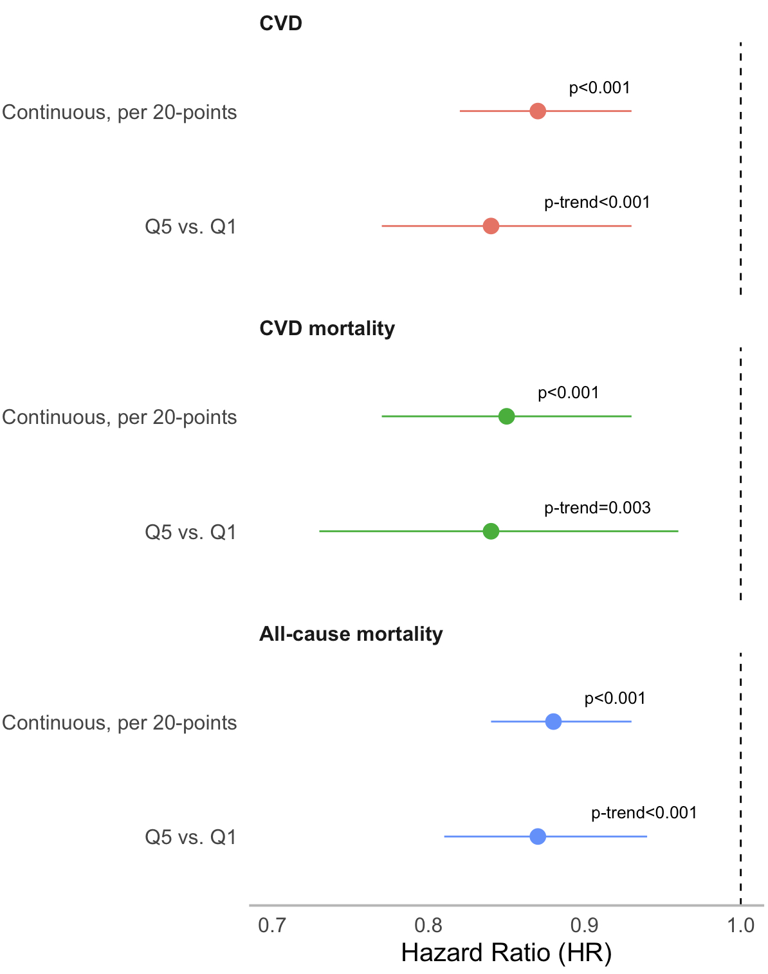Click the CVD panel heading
280,24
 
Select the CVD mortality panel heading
327,329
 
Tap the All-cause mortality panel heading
351,634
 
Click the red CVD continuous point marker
538,111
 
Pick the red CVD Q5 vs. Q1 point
491,226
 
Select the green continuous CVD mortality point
506,416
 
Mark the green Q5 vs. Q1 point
491,531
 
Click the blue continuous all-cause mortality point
553,722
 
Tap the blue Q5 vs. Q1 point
538,836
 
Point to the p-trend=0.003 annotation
597,508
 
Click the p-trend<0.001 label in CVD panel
597,203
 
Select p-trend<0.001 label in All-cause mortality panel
644,813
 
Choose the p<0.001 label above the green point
568,393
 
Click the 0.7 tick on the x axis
271,926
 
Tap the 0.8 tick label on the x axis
428,926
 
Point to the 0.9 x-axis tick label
584,926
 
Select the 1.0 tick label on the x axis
740,926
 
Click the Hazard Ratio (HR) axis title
506,953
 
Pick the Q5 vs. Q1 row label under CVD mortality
190,532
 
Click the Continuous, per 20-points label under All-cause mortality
120,722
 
